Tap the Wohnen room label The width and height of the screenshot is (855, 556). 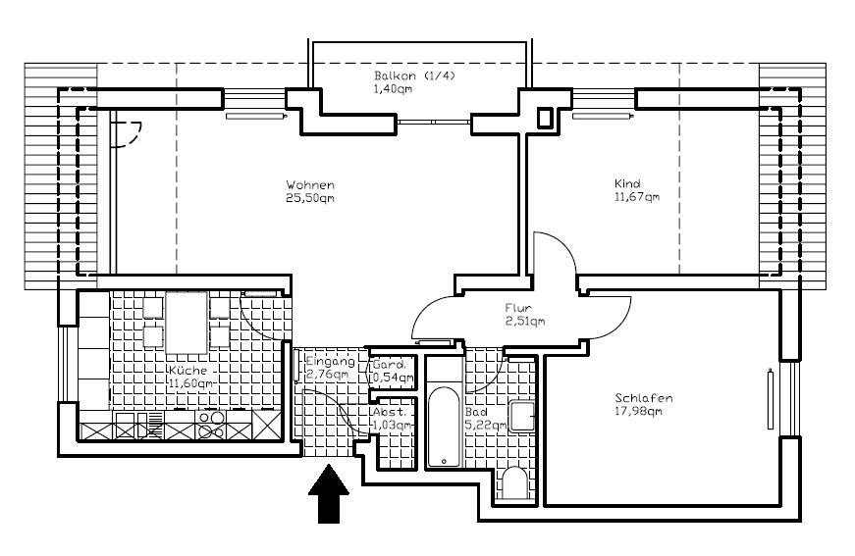[x=310, y=185]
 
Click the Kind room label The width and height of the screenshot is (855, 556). [x=627, y=184]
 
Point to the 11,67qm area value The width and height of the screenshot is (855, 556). [x=637, y=197]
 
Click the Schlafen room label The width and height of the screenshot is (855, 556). [x=644, y=398]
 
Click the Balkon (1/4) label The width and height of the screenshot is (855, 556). [x=414, y=76]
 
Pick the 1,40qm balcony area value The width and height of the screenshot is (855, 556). [x=394, y=89]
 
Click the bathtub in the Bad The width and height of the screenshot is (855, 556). [x=443, y=428]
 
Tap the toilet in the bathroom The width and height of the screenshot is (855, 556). [x=515, y=483]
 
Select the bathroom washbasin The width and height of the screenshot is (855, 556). [x=521, y=416]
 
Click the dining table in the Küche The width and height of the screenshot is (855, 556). [x=187, y=322]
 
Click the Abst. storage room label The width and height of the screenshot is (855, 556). [x=388, y=413]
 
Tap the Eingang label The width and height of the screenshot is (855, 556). [x=326, y=361]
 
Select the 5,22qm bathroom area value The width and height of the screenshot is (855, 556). [x=485, y=426]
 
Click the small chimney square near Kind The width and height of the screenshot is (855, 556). [x=546, y=117]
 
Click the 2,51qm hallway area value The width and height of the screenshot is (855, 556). [x=525, y=321]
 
